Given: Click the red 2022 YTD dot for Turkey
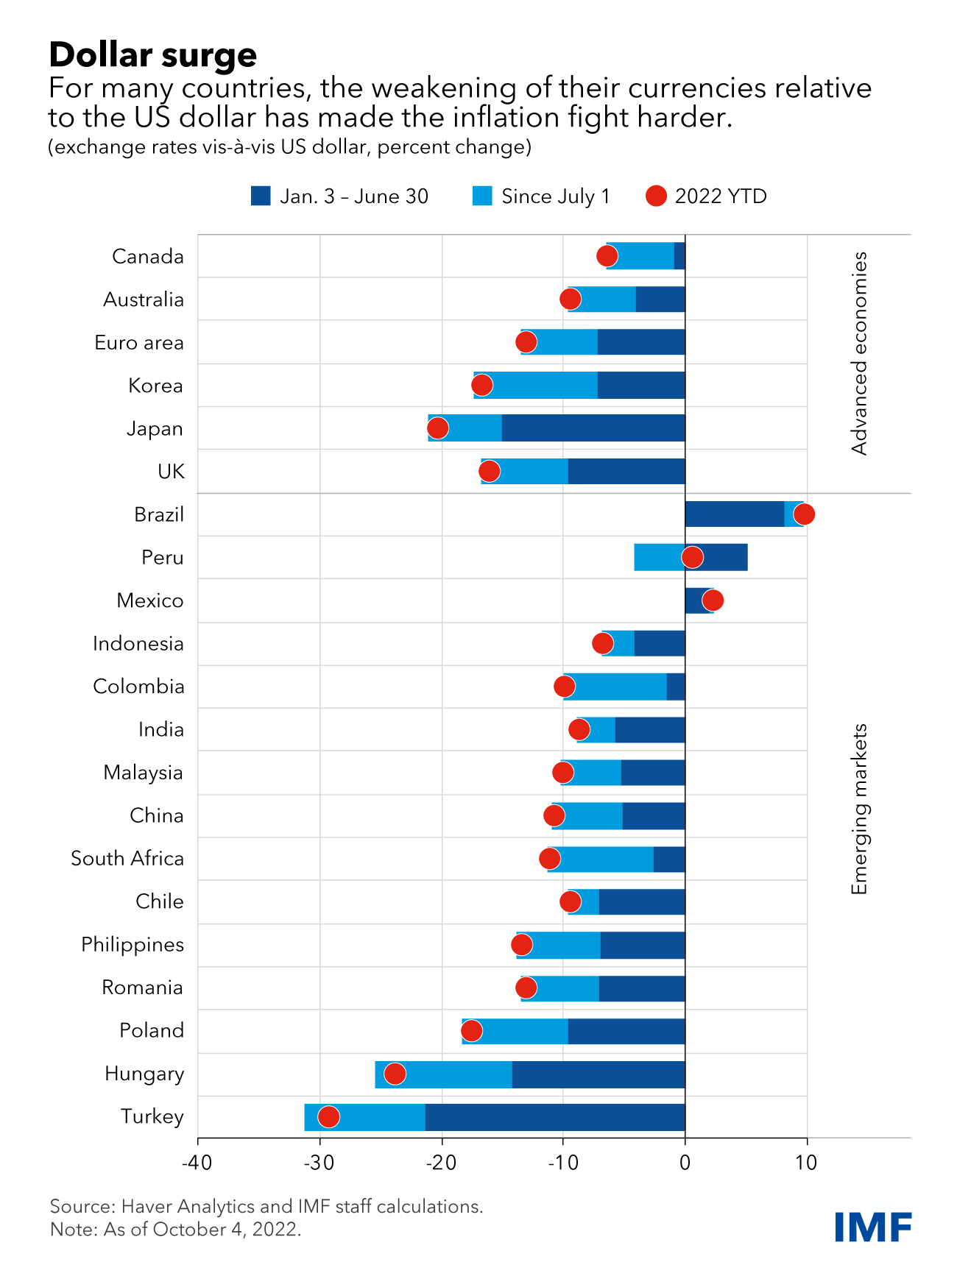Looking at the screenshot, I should pos(328,1116).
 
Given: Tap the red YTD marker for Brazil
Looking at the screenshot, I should pos(804,514).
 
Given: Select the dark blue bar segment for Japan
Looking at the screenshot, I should pos(593,428).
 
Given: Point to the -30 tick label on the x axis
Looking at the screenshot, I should pos(319,1163).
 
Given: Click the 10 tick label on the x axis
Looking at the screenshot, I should pos(807,1163).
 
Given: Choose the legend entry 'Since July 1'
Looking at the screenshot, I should pos(555,196).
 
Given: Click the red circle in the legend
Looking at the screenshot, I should pos(656,196).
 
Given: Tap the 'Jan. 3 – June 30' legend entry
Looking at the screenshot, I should pos(353,196).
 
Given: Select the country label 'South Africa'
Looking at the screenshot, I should pos(127,859).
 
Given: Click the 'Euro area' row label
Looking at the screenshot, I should pos(139,343).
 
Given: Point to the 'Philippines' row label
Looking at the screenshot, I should pos(133,945).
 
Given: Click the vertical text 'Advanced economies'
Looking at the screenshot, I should pos(859,353).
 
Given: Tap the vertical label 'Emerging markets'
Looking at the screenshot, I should pos(859,809).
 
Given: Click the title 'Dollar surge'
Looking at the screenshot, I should pos(153,54).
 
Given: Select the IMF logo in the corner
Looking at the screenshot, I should pos(873,1227).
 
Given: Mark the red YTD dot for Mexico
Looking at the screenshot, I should pos(713,600).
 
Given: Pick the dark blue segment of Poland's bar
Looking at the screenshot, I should pos(626,1031).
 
